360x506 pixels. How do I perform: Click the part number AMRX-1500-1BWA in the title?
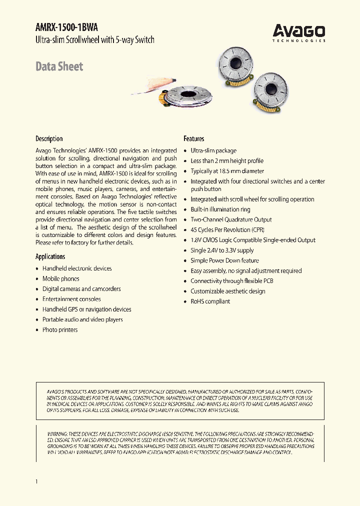(x=63, y=28)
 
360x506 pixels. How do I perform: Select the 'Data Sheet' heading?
(x=59, y=66)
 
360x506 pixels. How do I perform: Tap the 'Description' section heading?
(x=49, y=138)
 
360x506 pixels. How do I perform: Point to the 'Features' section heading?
(x=193, y=138)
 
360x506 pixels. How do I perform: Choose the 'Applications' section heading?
(x=50, y=256)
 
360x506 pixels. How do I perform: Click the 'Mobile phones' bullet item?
(x=60, y=278)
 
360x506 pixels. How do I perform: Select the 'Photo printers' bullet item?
(x=60, y=330)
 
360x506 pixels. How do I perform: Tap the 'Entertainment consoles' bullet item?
(x=71, y=299)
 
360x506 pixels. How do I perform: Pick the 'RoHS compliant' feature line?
(x=210, y=301)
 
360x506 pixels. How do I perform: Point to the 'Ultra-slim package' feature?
(x=213, y=150)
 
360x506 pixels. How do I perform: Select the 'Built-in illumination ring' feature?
(x=220, y=209)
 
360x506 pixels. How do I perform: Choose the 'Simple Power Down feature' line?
(x=224, y=260)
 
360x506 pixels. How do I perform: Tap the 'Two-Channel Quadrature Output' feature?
(x=231, y=219)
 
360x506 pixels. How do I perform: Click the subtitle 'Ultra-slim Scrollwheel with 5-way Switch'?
(x=95, y=40)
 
